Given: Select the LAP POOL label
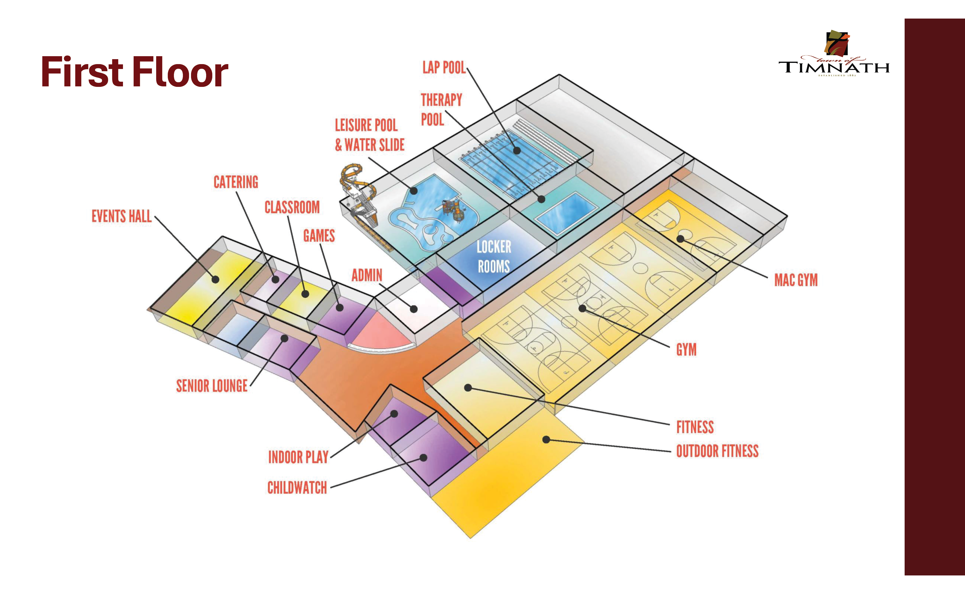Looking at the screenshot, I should pos(443,68).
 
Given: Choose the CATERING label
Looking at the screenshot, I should pos(236,182).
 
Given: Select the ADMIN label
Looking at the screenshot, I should pos(366,275).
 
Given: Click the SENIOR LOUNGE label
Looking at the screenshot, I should pos(212,386).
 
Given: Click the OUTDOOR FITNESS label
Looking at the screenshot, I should pos(717,451).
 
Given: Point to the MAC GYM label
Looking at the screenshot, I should pos(796,280).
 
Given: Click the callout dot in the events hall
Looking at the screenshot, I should pos(215,280).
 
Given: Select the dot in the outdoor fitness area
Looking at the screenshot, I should pos(546,440).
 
